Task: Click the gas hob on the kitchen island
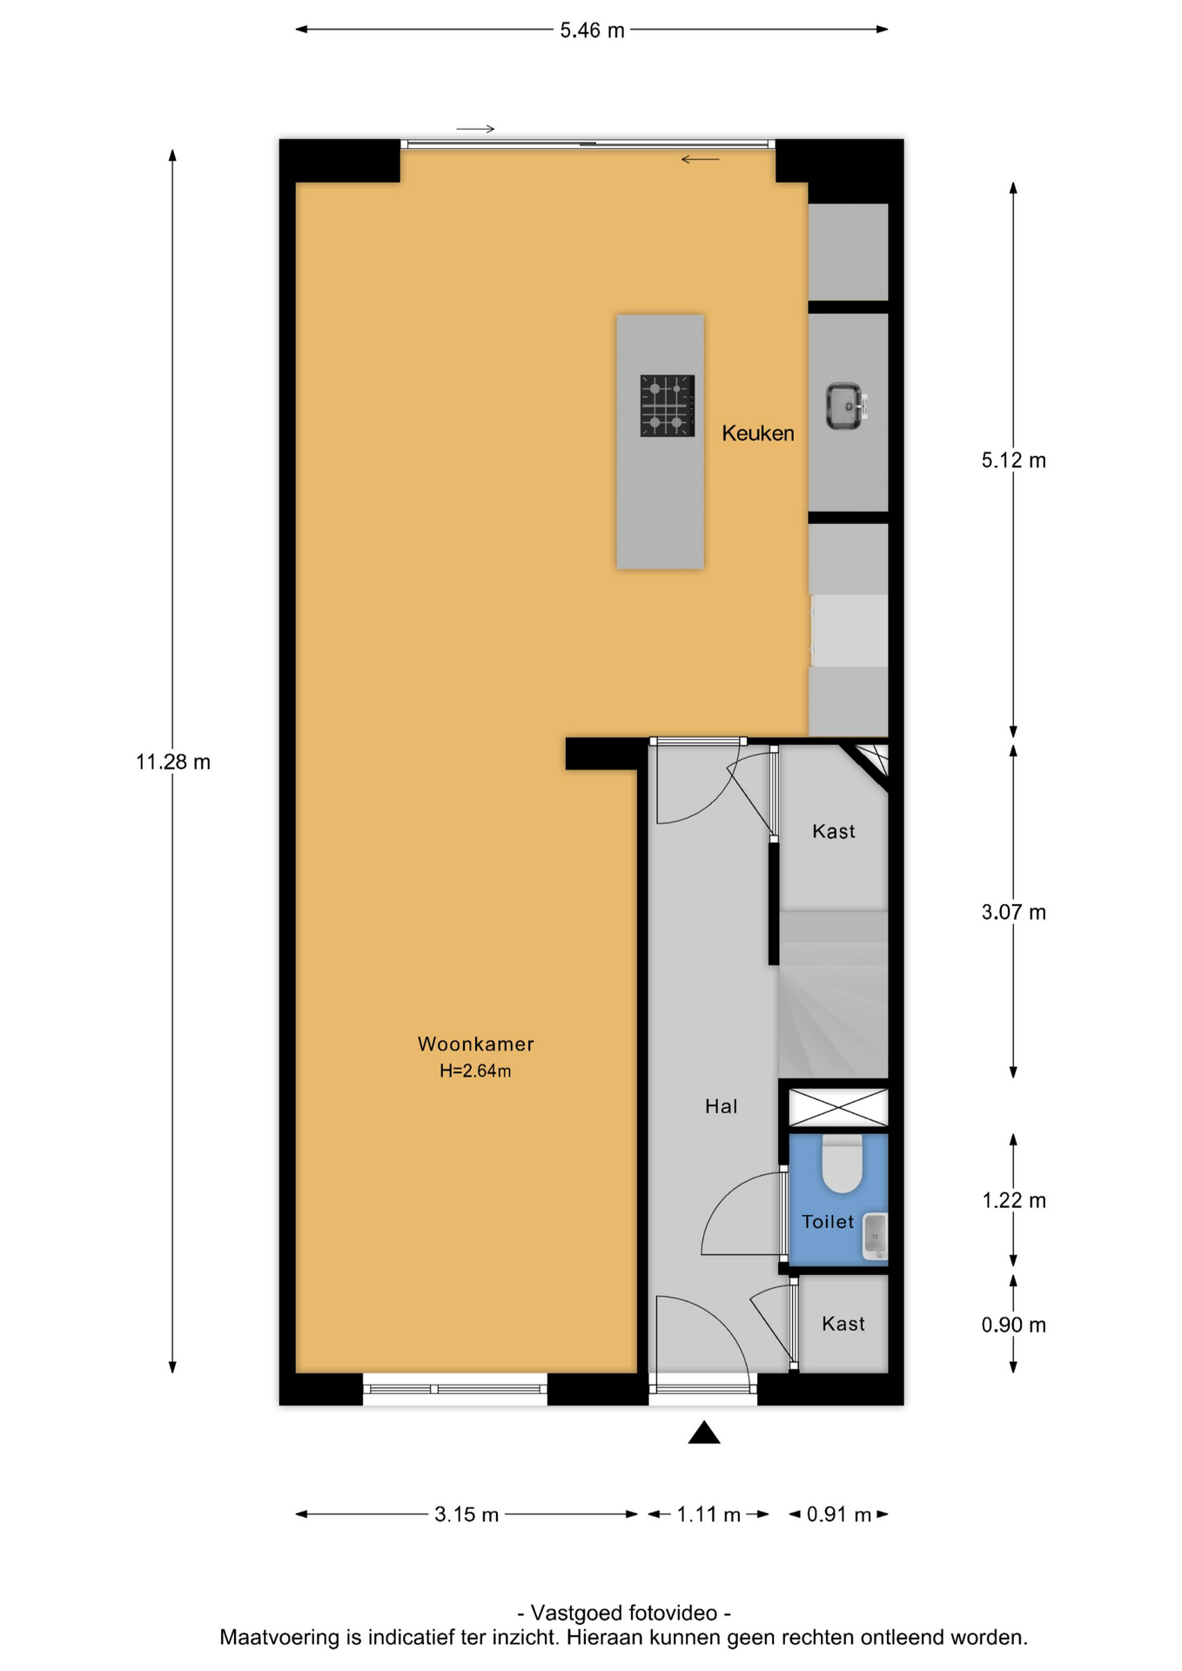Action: [x=668, y=406]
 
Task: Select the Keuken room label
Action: [x=757, y=433]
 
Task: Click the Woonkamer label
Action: [x=475, y=1044]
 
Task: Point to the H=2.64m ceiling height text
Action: [x=475, y=1071]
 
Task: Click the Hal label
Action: [x=721, y=1106]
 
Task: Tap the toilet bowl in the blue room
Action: [x=842, y=1163]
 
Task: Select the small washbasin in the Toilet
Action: [x=875, y=1236]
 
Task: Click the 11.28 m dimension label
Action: [x=173, y=762]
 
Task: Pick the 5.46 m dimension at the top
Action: [x=592, y=30]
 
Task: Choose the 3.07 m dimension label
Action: [x=1013, y=912]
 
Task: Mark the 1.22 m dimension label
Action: [x=1013, y=1201]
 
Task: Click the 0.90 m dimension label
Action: [x=1013, y=1325]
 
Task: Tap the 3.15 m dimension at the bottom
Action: [x=467, y=1514]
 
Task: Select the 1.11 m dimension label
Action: [x=709, y=1514]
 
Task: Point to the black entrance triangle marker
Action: [x=704, y=1433]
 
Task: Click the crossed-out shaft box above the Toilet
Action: [x=838, y=1107]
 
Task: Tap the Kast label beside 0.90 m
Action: [x=843, y=1324]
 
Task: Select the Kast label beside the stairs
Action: [x=834, y=831]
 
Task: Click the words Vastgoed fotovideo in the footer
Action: [x=624, y=1613]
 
